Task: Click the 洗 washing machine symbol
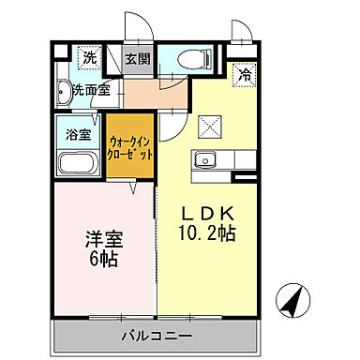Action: click(x=88, y=58)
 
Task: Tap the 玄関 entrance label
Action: click(x=139, y=58)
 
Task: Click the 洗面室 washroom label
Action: click(x=91, y=91)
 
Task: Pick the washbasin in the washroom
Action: click(x=64, y=92)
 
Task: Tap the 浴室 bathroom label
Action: click(x=78, y=133)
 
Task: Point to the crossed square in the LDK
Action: click(x=208, y=123)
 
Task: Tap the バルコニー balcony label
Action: click(x=156, y=335)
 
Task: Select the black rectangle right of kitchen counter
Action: click(x=246, y=177)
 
